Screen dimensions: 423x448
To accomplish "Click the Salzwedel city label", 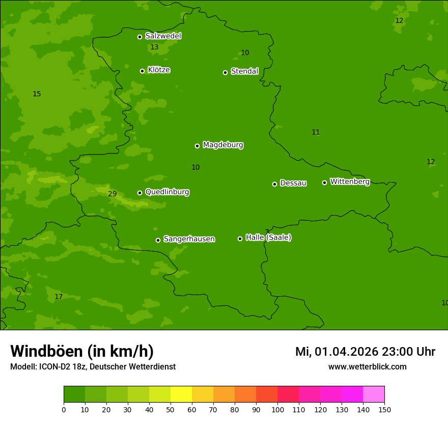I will point(163,36).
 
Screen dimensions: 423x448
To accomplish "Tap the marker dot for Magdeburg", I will point(197,146).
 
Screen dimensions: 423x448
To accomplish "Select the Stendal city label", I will point(244,71).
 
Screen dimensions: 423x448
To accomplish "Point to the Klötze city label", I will point(159,70).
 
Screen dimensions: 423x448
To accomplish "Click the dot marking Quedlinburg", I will point(139,193).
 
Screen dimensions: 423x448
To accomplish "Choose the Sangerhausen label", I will point(189,239).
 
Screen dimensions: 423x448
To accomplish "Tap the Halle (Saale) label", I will point(268,237).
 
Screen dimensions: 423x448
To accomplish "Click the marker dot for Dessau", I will point(274,184).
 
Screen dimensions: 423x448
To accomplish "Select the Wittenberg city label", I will point(350,181).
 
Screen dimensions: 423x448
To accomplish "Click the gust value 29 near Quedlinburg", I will point(113,194).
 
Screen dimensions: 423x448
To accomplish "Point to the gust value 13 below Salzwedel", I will point(154,47).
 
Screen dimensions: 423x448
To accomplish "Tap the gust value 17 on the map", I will point(59,297).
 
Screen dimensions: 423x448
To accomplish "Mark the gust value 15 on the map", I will point(37,94).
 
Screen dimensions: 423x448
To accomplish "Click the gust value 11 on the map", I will point(316,133).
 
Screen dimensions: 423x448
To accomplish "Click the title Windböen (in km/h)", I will point(82,351).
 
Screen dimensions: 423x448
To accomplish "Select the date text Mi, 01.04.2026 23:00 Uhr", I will point(365,352).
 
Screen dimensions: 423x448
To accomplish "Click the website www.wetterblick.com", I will point(367,367).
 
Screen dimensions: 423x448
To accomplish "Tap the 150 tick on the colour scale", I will point(384,409).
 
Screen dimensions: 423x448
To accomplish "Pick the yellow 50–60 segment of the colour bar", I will point(181,394).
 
